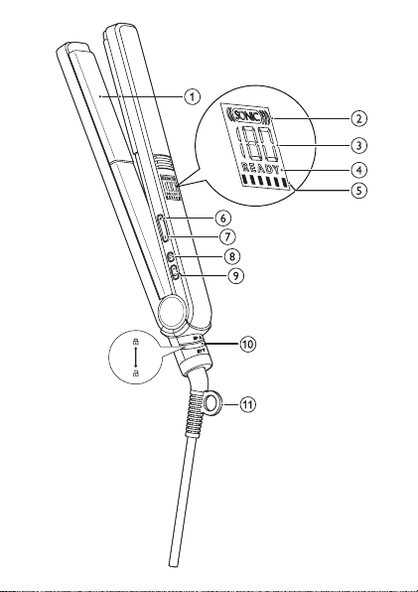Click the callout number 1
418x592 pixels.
click(x=192, y=97)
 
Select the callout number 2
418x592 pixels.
click(x=358, y=118)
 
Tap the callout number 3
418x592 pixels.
click(x=358, y=145)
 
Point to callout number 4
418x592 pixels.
click(x=358, y=170)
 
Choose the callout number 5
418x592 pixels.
click(x=358, y=190)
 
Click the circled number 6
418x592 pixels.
click(x=223, y=218)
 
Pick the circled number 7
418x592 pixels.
click(x=227, y=237)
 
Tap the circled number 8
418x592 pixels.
click(x=232, y=256)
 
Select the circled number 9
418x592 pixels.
click(x=235, y=275)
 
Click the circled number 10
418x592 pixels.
click(x=247, y=344)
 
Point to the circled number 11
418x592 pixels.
click(x=247, y=404)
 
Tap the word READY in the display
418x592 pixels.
click(x=261, y=168)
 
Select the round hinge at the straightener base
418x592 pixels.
click(x=173, y=312)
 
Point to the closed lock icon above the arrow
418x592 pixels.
click(x=136, y=342)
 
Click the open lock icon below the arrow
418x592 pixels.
click(x=136, y=373)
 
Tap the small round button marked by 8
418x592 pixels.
click(x=171, y=257)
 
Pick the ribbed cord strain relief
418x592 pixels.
click(x=196, y=411)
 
